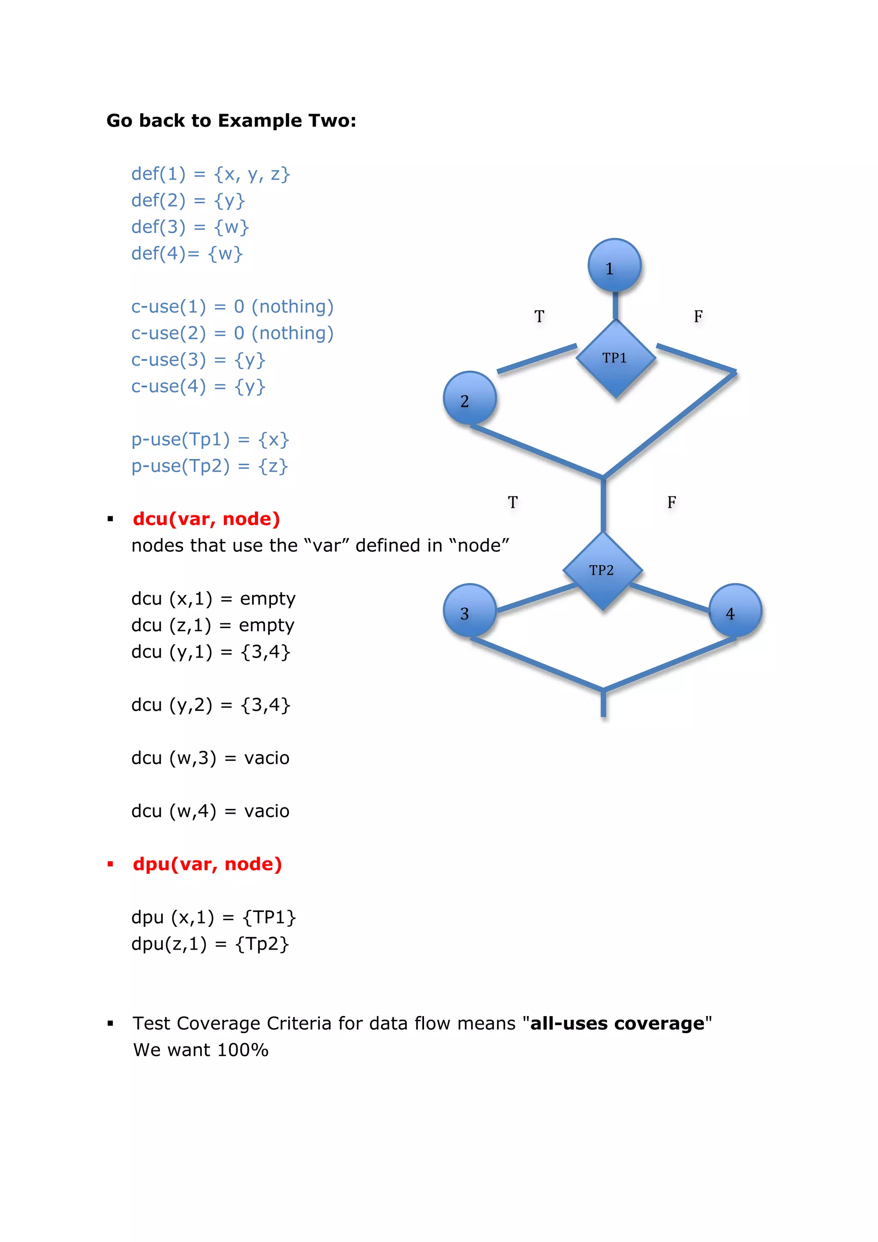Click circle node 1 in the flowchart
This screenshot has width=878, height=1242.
614,266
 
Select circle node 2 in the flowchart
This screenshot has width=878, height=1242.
469,399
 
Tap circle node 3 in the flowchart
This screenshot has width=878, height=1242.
469,611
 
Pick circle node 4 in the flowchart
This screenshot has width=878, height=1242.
735,611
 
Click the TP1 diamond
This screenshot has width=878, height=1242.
616,358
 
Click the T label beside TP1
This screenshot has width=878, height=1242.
539,316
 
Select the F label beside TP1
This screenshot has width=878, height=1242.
698,316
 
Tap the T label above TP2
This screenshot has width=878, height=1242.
512,502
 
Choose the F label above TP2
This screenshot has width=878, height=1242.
671,502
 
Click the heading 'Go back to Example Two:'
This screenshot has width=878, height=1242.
231,120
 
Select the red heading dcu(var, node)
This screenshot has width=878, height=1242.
206,519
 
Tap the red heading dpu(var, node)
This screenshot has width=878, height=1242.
207,864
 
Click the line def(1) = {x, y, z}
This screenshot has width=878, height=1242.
210,174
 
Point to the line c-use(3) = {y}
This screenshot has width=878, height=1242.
198,360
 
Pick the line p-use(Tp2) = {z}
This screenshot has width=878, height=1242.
209,466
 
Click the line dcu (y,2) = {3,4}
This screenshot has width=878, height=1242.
210,705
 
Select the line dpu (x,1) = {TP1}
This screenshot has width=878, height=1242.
213,917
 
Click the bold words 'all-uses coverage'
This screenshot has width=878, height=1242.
617,1023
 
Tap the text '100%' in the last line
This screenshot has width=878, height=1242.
242,1050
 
